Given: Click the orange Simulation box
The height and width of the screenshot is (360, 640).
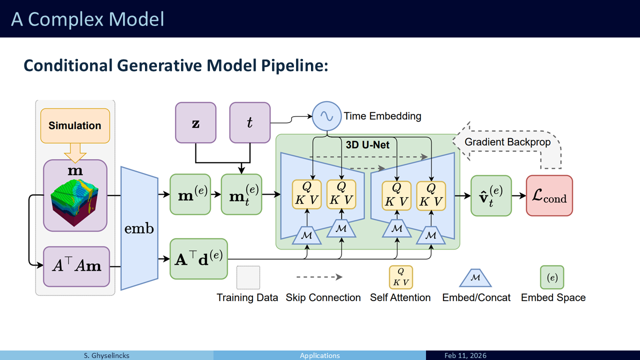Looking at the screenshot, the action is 75,125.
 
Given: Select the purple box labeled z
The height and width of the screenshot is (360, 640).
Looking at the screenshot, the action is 195,123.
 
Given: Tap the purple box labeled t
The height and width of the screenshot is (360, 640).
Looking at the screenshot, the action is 250,123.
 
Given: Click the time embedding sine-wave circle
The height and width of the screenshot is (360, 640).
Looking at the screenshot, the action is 326,116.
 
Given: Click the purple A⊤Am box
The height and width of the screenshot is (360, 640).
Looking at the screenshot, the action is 76,266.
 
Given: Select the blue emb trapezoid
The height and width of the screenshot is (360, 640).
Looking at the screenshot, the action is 139,228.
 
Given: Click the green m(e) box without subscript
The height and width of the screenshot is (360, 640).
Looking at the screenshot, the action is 190,194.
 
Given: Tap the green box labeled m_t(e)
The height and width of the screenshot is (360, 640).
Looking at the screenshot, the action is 241,194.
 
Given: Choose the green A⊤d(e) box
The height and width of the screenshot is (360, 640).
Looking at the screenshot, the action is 199,259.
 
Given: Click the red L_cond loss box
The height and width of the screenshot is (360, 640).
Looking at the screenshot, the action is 549,195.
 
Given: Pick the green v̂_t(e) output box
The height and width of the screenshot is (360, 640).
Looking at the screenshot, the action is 491,195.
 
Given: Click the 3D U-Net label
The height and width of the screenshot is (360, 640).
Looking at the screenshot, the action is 367,145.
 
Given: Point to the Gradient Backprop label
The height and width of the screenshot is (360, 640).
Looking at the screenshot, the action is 507,142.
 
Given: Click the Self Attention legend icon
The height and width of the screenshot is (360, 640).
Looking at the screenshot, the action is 401,277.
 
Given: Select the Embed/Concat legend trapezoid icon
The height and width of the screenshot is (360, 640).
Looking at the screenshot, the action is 475,277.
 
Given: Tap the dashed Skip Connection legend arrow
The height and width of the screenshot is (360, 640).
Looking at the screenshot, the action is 319,277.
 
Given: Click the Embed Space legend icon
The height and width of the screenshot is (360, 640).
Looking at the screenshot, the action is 552,277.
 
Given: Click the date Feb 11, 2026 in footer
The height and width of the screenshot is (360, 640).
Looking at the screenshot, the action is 465,355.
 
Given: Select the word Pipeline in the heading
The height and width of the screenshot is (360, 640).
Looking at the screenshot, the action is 294,65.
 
